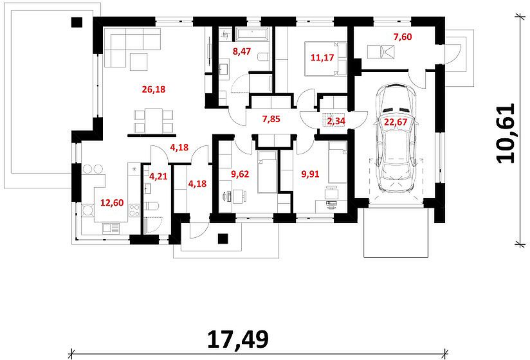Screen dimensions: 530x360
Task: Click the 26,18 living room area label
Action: pos(154,89)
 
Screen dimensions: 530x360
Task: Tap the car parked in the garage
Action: pos(396,139)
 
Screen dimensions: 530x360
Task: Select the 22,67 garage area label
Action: pos(396,122)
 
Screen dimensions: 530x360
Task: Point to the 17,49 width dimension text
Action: pos(238,339)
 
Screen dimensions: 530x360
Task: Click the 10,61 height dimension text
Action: pos(506,134)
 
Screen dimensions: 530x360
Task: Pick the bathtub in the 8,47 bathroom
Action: pos(253,34)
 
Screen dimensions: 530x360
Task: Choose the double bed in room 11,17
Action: pos(325,59)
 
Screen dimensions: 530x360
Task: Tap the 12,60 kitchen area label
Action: pos(112,203)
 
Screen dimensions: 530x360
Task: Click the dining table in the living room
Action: pos(154,120)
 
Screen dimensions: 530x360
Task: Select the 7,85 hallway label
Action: pos(271,119)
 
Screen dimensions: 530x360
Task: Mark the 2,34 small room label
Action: pos(336,121)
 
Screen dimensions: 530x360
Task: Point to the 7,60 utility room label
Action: pos(403,37)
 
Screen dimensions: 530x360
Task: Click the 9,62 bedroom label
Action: pos(240,174)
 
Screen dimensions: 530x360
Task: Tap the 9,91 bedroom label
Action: pos(310,174)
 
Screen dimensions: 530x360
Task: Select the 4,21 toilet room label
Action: pos(158,176)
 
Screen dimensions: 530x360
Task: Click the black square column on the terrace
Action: pos(77,22)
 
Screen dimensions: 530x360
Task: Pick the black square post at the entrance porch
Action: pos(223,239)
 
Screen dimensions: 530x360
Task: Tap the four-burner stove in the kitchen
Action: pos(134,210)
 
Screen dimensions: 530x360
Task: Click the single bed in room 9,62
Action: pos(268,172)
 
